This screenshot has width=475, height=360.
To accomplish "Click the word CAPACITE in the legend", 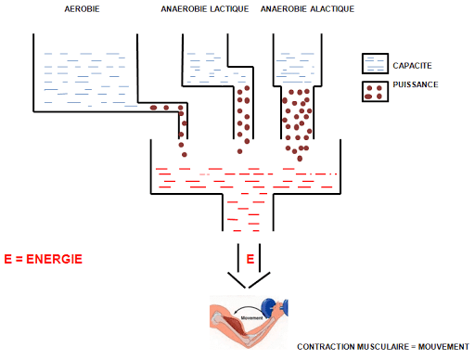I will coord(413,65).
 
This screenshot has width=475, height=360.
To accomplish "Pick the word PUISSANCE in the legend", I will coord(415,85).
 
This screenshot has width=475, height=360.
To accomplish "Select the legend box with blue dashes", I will coord(373,63).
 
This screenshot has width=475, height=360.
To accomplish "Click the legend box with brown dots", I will coord(373,91).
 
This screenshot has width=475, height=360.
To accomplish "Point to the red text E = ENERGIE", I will coord(43,258).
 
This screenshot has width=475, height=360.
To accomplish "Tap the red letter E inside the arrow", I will coord(250,257).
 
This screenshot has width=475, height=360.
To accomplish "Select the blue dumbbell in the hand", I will coord(275,309).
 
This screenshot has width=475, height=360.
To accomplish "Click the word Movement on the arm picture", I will coord(253,317).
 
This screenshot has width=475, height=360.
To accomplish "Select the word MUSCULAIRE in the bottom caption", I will coord(380,347).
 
